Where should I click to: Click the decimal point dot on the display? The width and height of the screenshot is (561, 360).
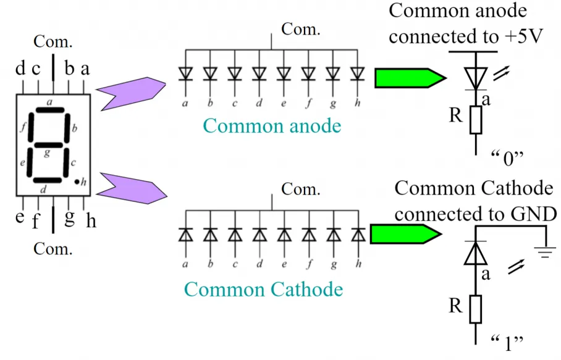point(77,182)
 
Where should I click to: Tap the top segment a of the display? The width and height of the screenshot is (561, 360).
point(49,110)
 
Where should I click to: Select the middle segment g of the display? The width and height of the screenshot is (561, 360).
point(48,145)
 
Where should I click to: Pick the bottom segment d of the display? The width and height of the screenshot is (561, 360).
point(47,180)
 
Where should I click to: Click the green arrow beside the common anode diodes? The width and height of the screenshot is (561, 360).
point(410,78)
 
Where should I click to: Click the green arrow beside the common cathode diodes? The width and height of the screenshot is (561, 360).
point(406,234)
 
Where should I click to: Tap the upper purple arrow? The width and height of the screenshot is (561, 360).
point(131,93)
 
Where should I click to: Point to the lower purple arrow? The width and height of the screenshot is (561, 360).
point(132,188)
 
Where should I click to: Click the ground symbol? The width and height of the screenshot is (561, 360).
point(545,253)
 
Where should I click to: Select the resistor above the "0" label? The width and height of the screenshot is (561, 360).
point(476,120)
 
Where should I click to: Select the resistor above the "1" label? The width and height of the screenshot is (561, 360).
point(476,309)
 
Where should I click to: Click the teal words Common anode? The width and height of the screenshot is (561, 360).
point(272,126)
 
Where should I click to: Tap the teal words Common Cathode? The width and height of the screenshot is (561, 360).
point(264,289)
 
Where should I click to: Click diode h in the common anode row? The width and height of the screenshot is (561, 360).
point(358,73)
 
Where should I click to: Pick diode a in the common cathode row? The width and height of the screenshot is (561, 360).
point(186,235)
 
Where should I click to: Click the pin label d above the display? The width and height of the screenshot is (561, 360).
point(20,68)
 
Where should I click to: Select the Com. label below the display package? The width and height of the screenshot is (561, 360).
point(53,249)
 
